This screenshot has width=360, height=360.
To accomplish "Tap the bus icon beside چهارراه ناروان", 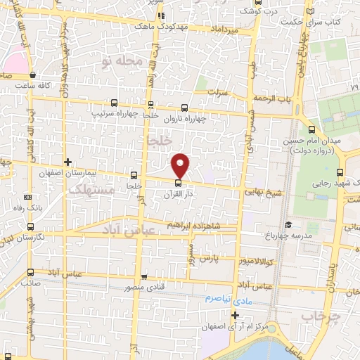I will [x=184, y=108].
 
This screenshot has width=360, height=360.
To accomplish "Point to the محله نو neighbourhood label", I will [x=122, y=63].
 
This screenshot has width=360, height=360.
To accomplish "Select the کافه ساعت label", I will [x=35, y=85].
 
